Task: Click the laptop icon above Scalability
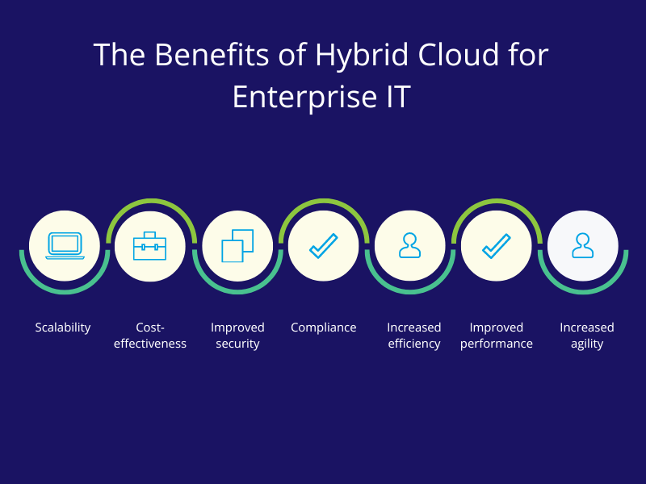coord(65,245)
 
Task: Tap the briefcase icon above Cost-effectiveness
coord(150,245)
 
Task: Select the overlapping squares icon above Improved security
coord(237,245)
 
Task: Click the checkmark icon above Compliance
coord(324,245)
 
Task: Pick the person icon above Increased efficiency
coord(410,245)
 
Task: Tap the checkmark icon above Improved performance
coord(497,245)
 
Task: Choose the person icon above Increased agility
coord(582,245)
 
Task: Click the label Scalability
coord(63,328)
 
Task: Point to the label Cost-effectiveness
coord(150,336)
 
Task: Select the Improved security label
coord(237,336)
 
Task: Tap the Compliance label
coord(324,328)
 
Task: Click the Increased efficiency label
coord(414,336)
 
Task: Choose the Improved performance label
coord(497,336)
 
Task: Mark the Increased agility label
coord(587,336)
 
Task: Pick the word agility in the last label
coord(587,344)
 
